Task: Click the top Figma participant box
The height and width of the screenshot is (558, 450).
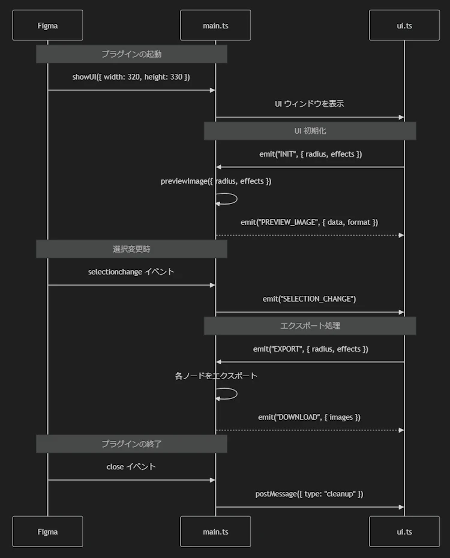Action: pyautogui.click(x=47, y=25)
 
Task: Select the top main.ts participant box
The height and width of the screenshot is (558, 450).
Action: pyautogui.click(x=215, y=25)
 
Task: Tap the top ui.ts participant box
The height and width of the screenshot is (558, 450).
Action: pyautogui.click(x=404, y=25)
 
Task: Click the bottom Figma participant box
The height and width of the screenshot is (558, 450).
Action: pyautogui.click(x=47, y=532)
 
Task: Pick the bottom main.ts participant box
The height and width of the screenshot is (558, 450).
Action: pyautogui.click(x=215, y=532)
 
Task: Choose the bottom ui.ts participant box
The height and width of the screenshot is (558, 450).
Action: pyautogui.click(x=404, y=532)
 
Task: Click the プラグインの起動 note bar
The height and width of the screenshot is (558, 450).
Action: pyautogui.click(x=131, y=54)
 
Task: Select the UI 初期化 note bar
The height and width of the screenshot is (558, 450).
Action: pyautogui.click(x=310, y=131)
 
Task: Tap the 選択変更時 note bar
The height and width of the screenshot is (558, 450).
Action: pyautogui.click(x=131, y=249)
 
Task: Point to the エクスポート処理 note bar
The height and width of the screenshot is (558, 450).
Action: pyautogui.click(x=310, y=326)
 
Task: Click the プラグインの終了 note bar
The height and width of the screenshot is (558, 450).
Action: pyautogui.click(x=131, y=444)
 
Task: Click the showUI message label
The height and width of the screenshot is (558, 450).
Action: pyautogui.click(x=131, y=77)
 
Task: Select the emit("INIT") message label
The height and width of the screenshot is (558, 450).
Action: pyautogui.click(x=311, y=154)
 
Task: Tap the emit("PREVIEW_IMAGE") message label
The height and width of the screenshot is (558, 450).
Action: pyautogui.click(x=309, y=223)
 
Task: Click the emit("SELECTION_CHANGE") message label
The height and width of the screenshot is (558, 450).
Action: pyautogui.click(x=309, y=299)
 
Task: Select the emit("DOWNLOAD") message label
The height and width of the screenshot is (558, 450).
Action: pyautogui.click(x=309, y=417)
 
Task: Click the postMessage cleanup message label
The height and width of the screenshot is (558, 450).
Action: pyautogui.click(x=309, y=494)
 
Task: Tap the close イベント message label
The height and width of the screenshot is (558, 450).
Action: pyautogui.click(x=131, y=467)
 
